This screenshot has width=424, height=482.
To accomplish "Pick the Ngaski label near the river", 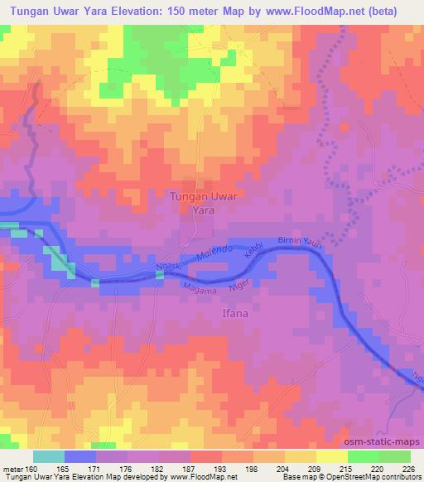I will point(169,268).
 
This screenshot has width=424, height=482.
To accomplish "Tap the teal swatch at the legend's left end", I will point(49,456).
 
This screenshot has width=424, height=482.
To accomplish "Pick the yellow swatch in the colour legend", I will point(332,456).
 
